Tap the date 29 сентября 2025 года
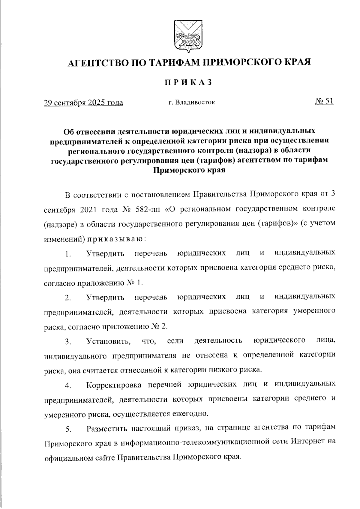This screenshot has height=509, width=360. [83, 103]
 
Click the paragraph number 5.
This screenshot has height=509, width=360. [68, 429]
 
